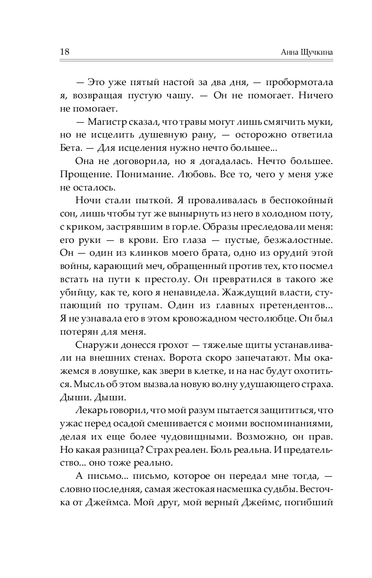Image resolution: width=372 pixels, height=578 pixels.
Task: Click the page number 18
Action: click(64, 52)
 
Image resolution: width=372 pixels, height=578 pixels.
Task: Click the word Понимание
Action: click(143, 175)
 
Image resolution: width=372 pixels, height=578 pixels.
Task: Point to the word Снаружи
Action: click(94, 346)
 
